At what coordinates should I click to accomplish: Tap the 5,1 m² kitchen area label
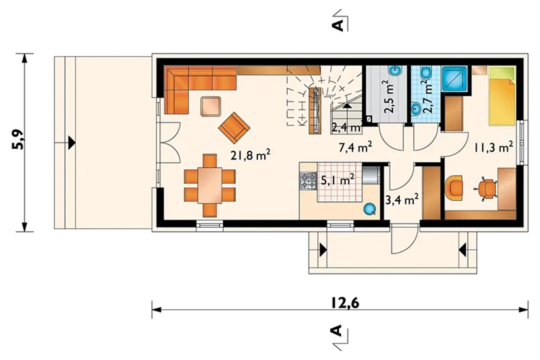[x=337, y=179]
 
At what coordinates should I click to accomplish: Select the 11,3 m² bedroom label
[x=494, y=147]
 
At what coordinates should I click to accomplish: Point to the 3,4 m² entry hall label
[x=402, y=199]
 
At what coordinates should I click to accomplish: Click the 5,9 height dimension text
[x=18, y=139]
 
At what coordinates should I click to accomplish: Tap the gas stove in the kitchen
[x=308, y=181]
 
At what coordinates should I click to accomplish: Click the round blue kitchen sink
[x=370, y=209]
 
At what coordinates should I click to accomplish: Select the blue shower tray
[x=455, y=78]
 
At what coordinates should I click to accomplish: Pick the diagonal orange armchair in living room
[x=234, y=127]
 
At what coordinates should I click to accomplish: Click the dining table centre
[x=210, y=185]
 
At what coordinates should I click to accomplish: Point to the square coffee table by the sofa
[x=211, y=107]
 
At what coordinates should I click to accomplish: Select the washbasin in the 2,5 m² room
[x=395, y=70]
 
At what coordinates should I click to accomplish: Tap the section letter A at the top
[x=338, y=25]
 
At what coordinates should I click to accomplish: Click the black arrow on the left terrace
[x=72, y=143]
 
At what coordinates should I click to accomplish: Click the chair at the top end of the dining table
[x=210, y=161]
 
